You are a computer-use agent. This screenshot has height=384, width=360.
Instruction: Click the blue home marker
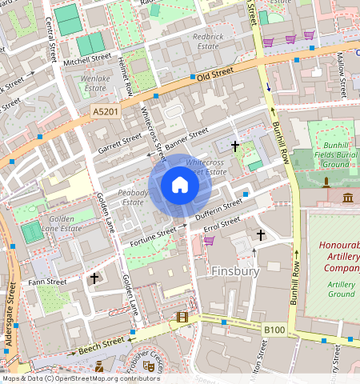(180, 186)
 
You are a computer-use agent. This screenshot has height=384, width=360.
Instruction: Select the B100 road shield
(274, 329)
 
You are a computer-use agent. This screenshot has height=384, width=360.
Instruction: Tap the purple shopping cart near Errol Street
(209, 240)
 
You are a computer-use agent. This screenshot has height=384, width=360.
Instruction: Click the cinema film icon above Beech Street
(183, 318)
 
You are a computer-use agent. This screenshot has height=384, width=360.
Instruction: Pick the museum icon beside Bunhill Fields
(348, 198)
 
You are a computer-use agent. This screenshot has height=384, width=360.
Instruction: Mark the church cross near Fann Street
(94, 278)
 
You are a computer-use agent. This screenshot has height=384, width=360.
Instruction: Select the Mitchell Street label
(87, 59)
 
